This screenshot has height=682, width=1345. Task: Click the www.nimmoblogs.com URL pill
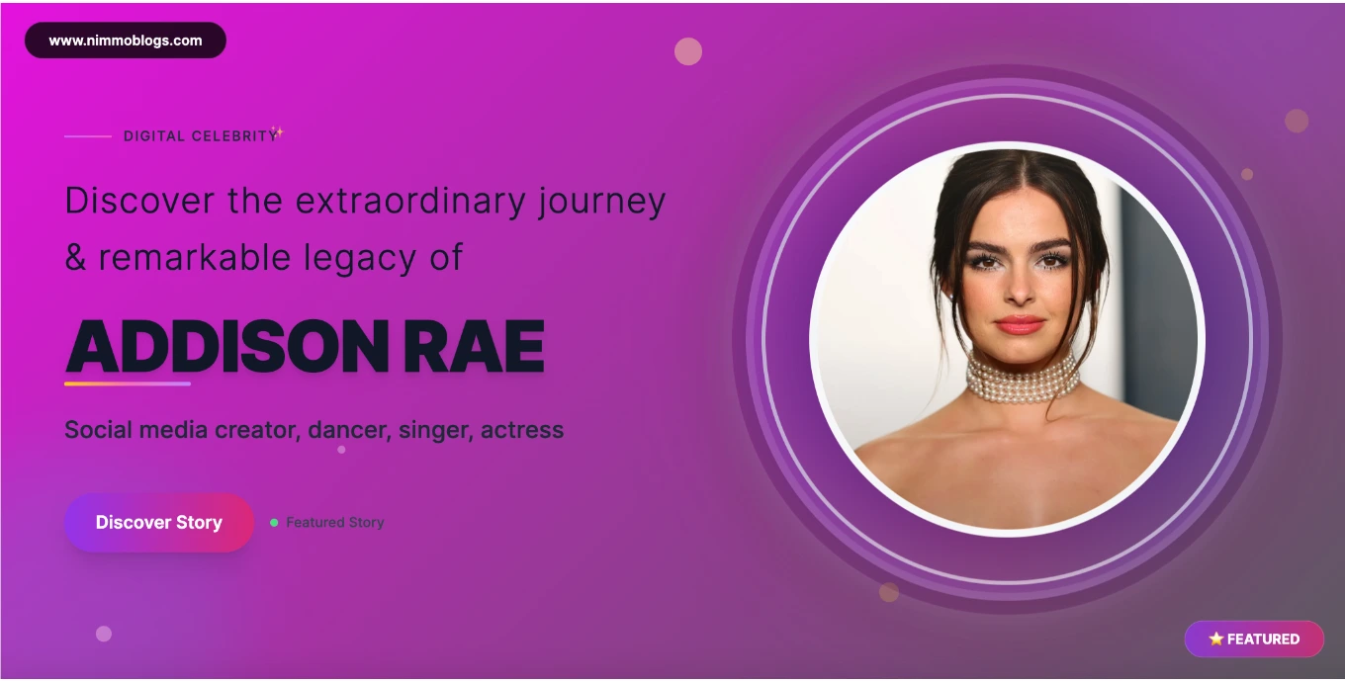(x=126, y=41)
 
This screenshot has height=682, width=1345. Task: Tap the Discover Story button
(x=159, y=522)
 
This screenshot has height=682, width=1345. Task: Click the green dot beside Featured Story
(x=274, y=522)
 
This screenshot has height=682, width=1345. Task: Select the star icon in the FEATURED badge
(x=1215, y=639)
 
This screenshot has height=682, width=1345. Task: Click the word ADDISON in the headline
(x=227, y=346)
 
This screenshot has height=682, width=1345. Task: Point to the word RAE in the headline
(x=474, y=346)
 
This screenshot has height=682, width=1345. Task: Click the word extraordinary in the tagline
(x=410, y=201)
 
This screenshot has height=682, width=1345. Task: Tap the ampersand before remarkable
(x=75, y=257)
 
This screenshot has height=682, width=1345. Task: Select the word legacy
(x=359, y=259)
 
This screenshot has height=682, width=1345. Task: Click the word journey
(x=602, y=202)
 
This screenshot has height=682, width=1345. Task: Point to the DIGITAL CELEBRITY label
(x=201, y=136)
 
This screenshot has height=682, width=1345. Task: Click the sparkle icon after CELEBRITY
(x=277, y=131)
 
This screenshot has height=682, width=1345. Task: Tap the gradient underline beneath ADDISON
(x=128, y=384)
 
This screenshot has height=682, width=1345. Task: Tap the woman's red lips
(x=1020, y=325)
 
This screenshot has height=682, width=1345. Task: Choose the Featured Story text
(x=335, y=522)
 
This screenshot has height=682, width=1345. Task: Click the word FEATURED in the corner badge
(x=1263, y=639)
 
